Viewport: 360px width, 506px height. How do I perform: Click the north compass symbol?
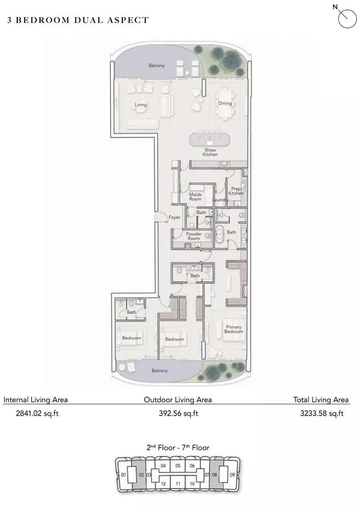pos(346,18)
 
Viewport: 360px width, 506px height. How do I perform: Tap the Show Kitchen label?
pos(210,152)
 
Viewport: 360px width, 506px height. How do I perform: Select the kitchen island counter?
pos(210,140)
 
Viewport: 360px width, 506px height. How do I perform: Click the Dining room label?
pos(225,103)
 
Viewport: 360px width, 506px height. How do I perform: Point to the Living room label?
pos(140,104)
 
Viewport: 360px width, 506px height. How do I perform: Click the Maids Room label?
pos(195,197)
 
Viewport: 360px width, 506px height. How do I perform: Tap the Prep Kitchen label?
pos(236,191)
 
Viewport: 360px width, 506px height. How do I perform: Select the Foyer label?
pos(174,217)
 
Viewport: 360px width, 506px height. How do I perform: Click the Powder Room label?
pos(193,236)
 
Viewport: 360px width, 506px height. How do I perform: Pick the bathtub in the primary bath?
pos(220,233)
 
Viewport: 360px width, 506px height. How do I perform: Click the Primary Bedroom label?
pos(234,329)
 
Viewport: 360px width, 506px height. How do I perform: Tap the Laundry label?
pos(220,200)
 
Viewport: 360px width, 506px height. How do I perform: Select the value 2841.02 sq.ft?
pos(37,413)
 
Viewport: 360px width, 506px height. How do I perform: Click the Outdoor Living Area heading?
pos(178,400)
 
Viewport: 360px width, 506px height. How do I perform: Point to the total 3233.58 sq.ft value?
pos(322,413)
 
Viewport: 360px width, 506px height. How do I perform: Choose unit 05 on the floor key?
pos(178,466)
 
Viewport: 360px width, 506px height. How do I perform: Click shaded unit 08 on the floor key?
pos(215,475)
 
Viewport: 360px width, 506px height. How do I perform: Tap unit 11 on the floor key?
pos(178,484)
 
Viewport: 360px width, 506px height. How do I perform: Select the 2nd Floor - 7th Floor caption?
pos(178,448)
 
